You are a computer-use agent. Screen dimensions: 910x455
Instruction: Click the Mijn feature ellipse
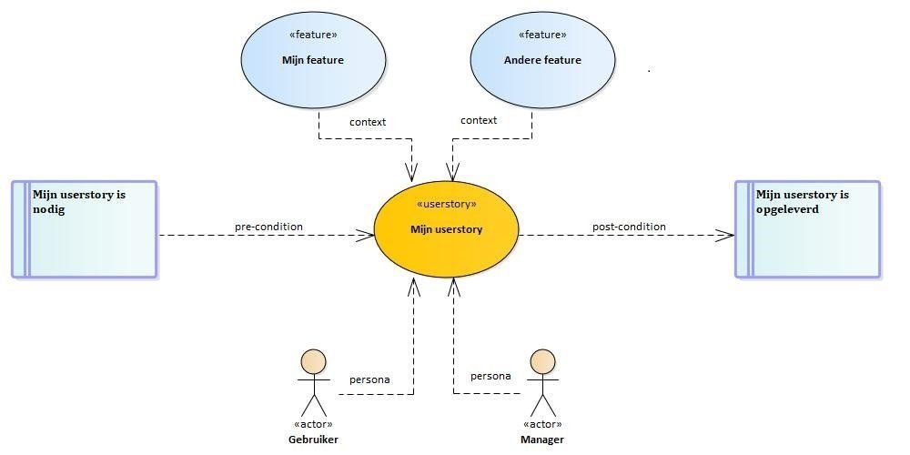point(313,60)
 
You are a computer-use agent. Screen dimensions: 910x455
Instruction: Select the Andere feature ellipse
point(542,60)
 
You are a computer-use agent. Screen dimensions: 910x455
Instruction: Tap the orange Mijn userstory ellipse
point(446,229)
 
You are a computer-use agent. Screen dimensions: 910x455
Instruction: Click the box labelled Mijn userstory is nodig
point(85,229)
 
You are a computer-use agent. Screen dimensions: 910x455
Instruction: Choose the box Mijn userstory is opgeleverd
point(807,229)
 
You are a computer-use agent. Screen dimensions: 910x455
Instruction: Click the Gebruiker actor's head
point(313,361)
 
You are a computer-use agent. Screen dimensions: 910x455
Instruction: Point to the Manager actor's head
point(542,361)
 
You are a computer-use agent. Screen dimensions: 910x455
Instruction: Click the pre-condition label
point(268,227)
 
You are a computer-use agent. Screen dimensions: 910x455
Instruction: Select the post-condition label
point(629,227)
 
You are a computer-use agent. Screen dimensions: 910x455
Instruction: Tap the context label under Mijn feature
point(368,122)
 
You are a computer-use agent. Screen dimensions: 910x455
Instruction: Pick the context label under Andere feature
point(479,120)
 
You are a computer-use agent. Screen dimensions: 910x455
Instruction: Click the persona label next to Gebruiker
point(369,380)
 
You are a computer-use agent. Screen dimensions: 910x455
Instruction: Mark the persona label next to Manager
point(490,376)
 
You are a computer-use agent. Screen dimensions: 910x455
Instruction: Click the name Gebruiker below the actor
point(313,440)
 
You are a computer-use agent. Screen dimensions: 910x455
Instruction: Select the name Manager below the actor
point(542,440)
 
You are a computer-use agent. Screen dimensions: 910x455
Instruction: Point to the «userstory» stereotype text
point(446,204)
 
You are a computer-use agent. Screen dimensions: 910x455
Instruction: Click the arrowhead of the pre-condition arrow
point(366,235)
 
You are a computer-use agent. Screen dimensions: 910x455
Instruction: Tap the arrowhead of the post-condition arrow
point(725,235)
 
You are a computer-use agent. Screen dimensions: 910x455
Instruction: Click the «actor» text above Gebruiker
point(313,424)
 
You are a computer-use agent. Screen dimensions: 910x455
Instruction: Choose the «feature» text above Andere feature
point(542,35)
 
